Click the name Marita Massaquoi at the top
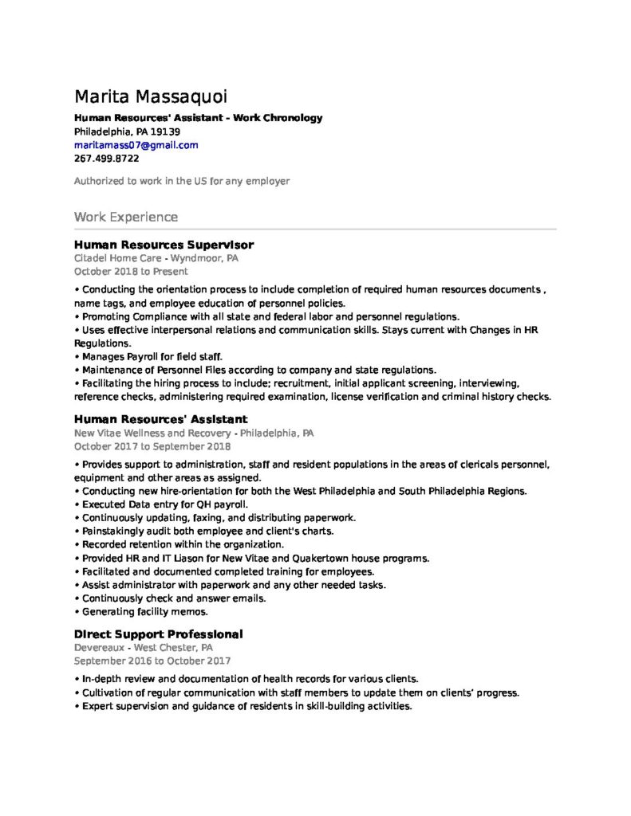point(150,97)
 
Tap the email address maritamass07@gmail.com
point(136,145)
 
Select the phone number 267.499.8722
point(106,159)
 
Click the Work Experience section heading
point(126,217)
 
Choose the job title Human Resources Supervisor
point(164,245)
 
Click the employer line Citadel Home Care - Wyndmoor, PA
point(156,259)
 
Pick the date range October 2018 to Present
point(131,272)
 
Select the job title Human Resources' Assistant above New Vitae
point(160,419)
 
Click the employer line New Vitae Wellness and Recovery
point(193,433)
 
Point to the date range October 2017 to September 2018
point(152,446)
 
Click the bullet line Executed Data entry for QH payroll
point(164,504)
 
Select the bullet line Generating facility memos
point(144,612)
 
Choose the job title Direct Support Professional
point(158,634)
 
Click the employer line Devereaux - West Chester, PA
point(143,648)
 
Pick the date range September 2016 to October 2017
point(152,661)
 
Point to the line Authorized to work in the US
point(181,181)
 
